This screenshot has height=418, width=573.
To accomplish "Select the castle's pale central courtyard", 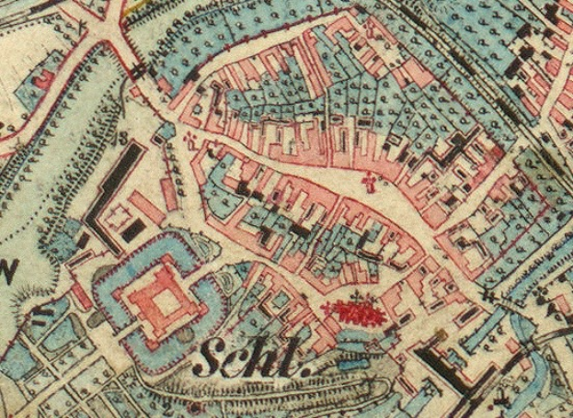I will point(166,299).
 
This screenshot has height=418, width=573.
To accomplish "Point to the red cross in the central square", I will point(372,183).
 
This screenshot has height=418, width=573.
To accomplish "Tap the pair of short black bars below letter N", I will point(43,318).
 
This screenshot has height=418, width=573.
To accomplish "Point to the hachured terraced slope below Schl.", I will point(276,390).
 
